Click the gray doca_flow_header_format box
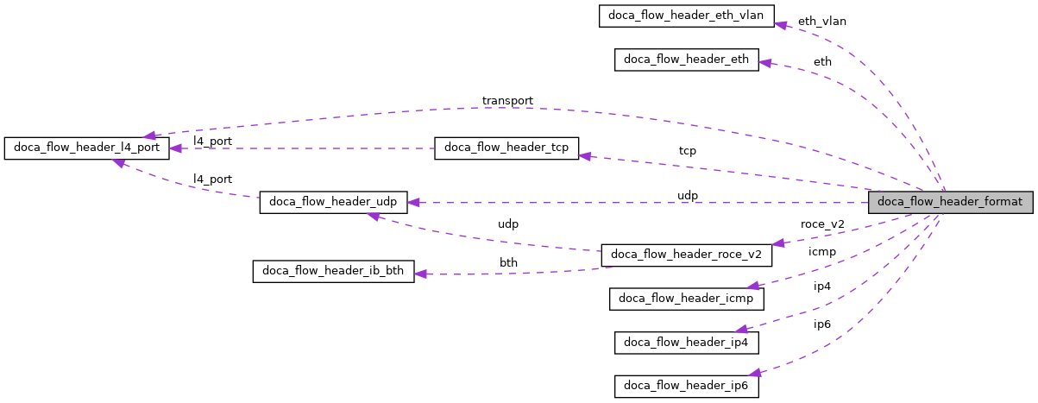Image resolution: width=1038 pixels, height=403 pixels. [950, 203]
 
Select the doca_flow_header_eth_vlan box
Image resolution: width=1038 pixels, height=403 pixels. [686, 16]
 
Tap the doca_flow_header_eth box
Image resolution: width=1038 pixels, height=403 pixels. [686, 60]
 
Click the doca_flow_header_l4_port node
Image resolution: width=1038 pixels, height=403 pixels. [86, 148]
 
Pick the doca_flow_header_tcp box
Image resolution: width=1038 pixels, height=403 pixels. [506, 148]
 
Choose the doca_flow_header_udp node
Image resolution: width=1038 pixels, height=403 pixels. [333, 202]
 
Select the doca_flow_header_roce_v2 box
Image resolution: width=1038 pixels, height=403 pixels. [686, 255]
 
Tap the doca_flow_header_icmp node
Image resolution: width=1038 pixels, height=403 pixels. [686, 299]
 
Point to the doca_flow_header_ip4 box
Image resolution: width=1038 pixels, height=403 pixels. [686, 342]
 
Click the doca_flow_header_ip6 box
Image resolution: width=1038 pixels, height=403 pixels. [686, 387]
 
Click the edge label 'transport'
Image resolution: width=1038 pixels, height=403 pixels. [507, 101]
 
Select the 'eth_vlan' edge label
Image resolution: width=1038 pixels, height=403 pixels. [821, 21]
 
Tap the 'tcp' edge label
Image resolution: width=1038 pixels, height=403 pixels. [687, 151]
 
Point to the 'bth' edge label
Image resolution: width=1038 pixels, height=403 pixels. [509, 262]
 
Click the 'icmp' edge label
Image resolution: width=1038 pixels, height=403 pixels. [821, 252]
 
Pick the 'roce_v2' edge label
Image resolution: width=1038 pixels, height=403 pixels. [822, 224]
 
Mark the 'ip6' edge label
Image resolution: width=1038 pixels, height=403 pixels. [821, 324]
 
